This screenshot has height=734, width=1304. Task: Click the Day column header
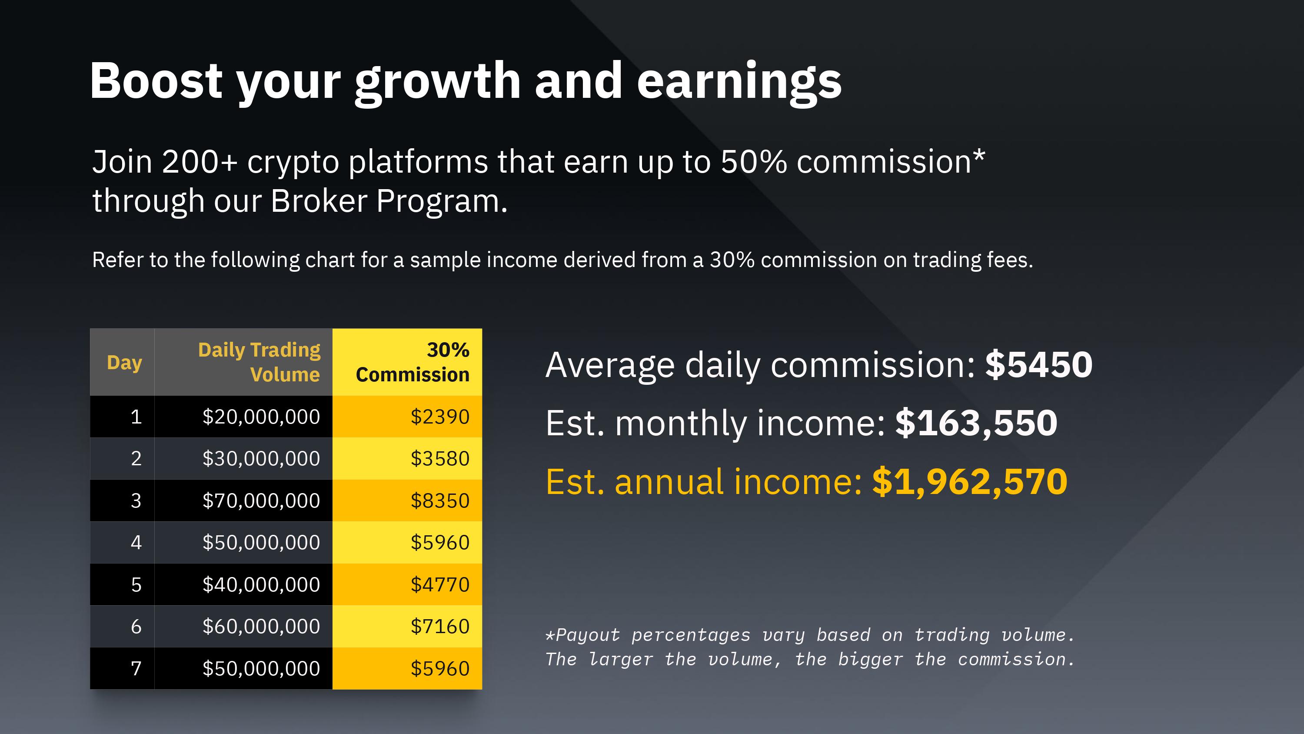click(x=124, y=363)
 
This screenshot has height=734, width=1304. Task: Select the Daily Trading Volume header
click(x=259, y=362)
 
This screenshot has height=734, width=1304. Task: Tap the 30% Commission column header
click(x=412, y=362)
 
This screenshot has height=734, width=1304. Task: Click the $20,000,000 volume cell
click(x=261, y=417)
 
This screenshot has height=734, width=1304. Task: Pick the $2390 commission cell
click(x=440, y=417)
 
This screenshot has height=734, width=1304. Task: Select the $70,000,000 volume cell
click(x=261, y=500)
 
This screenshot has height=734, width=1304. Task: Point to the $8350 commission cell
click(x=440, y=500)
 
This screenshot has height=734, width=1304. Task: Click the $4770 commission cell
click(x=440, y=584)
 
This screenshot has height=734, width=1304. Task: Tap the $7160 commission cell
click(x=440, y=627)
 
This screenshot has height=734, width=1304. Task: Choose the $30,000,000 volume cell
click(x=261, y=458)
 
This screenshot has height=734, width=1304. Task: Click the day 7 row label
click(x=136, y=669)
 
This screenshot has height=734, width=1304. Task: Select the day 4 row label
click(x=136, y=543)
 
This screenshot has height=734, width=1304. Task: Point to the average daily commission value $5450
click(x=1039, y=364)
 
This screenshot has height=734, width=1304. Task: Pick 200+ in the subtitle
click(x=200, y=162)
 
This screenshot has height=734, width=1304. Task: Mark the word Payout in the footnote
click(x=588, y=635)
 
